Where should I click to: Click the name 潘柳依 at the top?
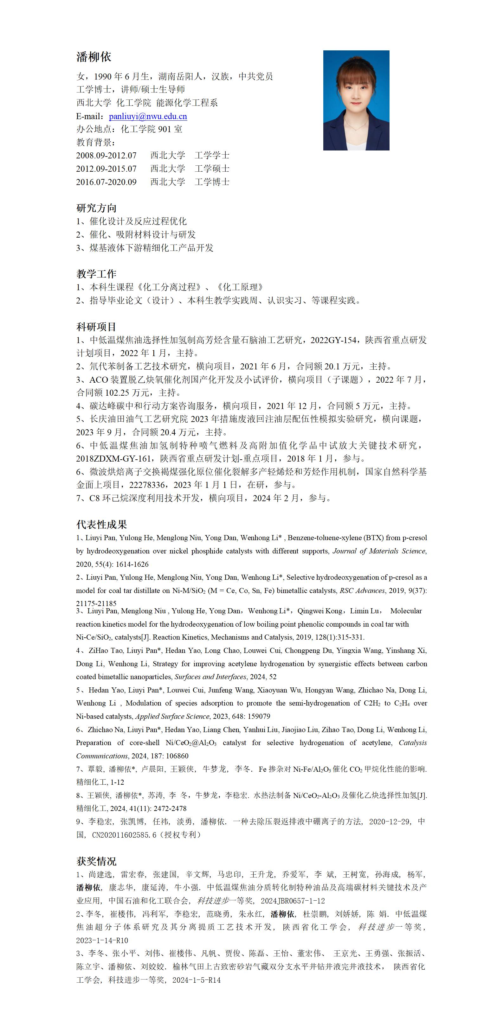coord(94,57)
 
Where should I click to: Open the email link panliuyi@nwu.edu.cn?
coord(148,116)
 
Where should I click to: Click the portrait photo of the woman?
coord(356,100)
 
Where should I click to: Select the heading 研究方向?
coord(96,208)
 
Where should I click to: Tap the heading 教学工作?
coord(96,274)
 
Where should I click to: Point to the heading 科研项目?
coord(96,327)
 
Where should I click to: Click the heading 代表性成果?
coord(102,524)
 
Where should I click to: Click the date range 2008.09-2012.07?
coord(106,155)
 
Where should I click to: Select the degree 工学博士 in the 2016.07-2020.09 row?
coord(212,182)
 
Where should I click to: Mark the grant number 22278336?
coord(147,485)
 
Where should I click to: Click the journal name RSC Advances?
coord(362,590)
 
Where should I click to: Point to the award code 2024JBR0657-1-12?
coord(293,901)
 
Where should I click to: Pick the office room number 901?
coord(165,129)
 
